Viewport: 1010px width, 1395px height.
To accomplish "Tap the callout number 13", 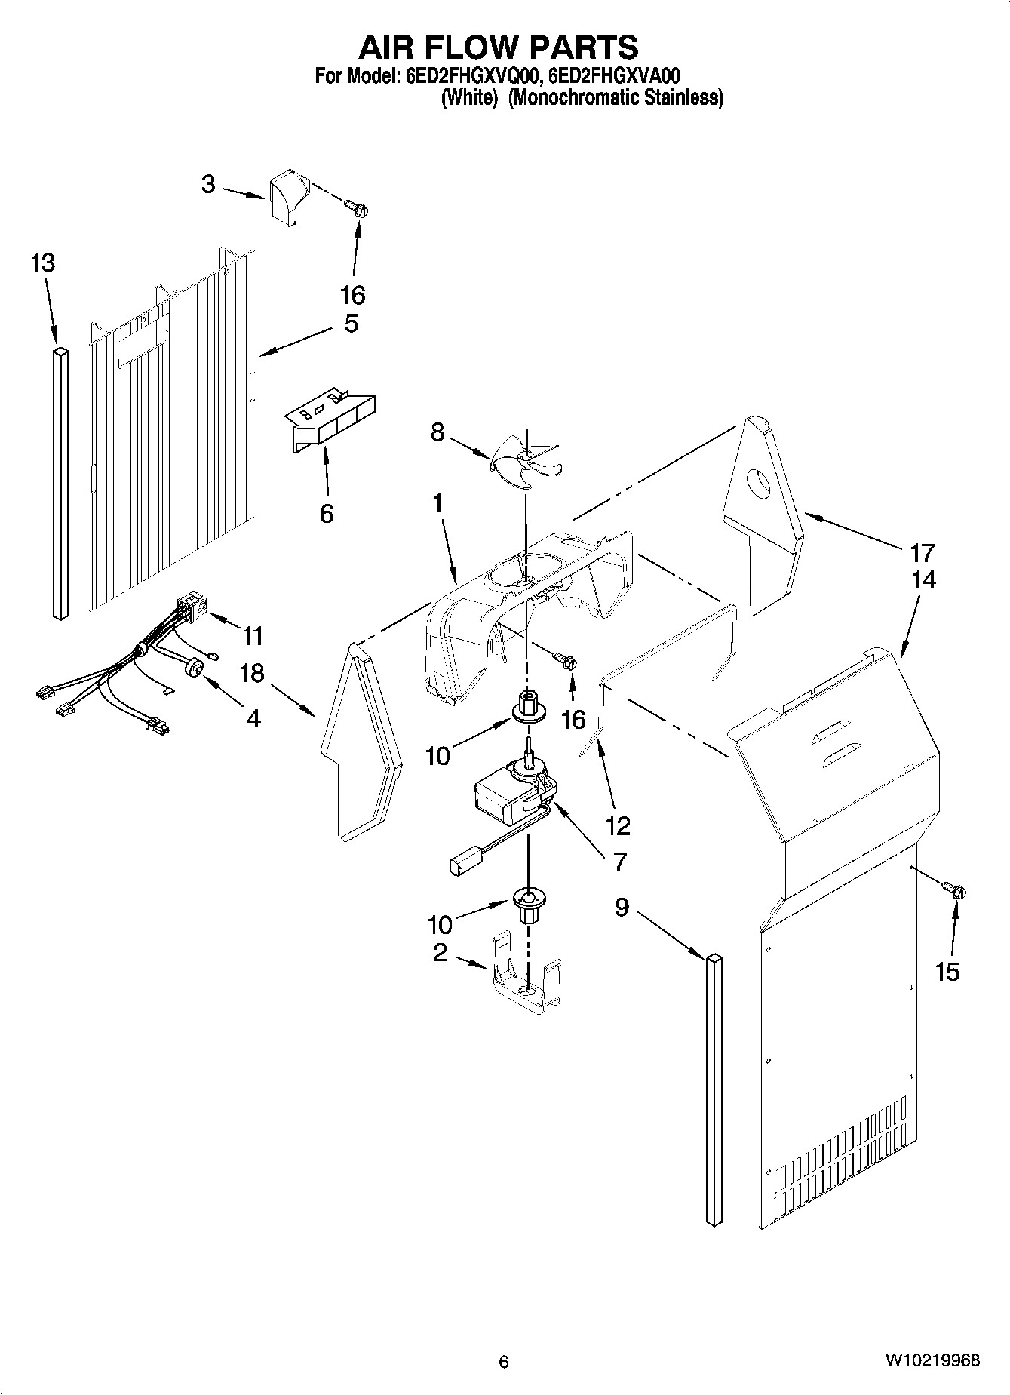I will click(x=43, y=263).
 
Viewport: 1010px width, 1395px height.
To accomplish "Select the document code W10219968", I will click(x=932, y=1360).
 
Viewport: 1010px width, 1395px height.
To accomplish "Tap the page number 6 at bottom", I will click(x=504, y=1361).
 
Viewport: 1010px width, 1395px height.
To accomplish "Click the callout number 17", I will click(x=922, y=553).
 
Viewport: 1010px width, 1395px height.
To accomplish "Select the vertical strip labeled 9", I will click(x=714, y=1086).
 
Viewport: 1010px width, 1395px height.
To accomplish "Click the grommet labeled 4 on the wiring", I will click(x=195, y=667).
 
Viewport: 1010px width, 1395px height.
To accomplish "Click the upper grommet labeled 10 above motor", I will click(x=527, y=706).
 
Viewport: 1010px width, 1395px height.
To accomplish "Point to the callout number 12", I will click(x=617, y=826).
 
